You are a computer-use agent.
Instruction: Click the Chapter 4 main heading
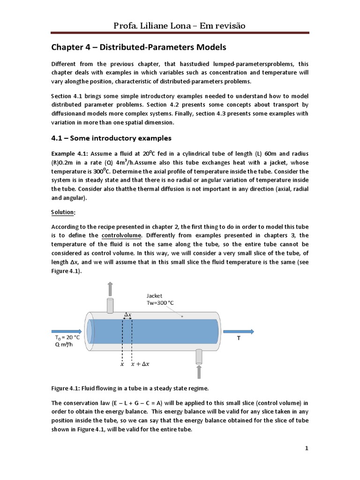pos(138,47)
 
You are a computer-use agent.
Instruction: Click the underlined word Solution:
pos(63,212)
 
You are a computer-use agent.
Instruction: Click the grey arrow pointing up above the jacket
pos(110,288)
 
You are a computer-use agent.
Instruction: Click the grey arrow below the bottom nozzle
pos(199,372)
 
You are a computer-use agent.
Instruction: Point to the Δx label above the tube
pos(127,314)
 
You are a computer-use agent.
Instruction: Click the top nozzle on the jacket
pos(110,305)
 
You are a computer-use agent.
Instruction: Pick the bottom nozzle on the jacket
pos(199,356)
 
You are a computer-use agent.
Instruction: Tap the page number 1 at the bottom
pos(307,449)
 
